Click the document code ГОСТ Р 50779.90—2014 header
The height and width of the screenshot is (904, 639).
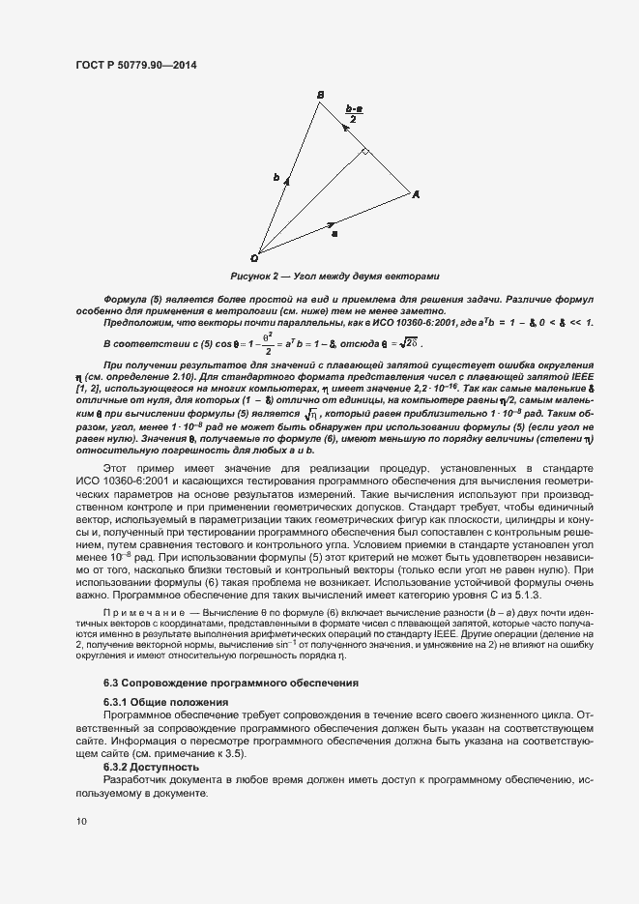click(140, 64)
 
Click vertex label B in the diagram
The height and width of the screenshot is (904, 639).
click(320, 94)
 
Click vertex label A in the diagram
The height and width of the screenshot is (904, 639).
click(417, 194)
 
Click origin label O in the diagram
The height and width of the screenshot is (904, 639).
click(254, 258)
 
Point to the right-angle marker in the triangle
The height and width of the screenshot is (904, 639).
click(365, 152)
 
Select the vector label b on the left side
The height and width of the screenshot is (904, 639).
click(276, 178)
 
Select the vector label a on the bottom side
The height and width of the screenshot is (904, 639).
click(334, 233)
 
